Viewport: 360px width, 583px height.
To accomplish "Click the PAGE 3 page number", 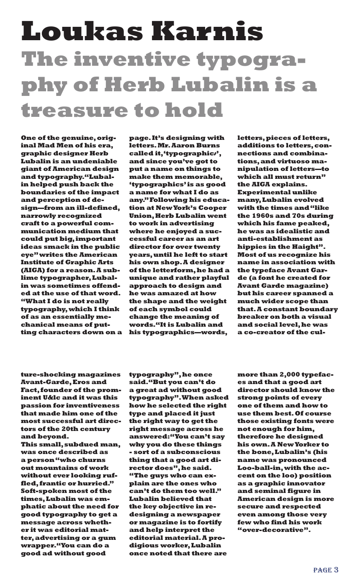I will [x=326, y=570].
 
